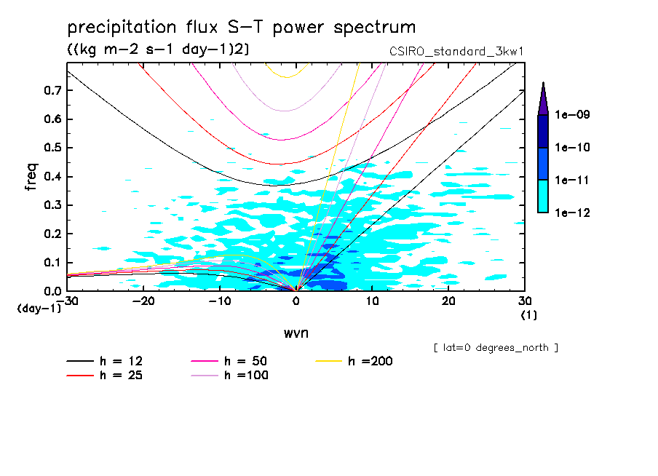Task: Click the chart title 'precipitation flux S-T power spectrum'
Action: (x=242, y=28)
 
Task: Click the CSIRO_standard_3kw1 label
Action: (x=457, y=52)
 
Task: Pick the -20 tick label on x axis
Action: (x=143, y=300)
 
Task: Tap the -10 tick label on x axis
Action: (x=220, y=300)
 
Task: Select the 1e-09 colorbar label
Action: (x=571, y=115)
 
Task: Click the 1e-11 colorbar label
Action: (x=571, y=180)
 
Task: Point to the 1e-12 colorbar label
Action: (x=571, y=213)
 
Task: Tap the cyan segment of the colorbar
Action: (x=542, y=196)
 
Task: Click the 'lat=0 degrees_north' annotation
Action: (x=496, y=348)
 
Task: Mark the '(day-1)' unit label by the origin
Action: (x=39, y=309)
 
